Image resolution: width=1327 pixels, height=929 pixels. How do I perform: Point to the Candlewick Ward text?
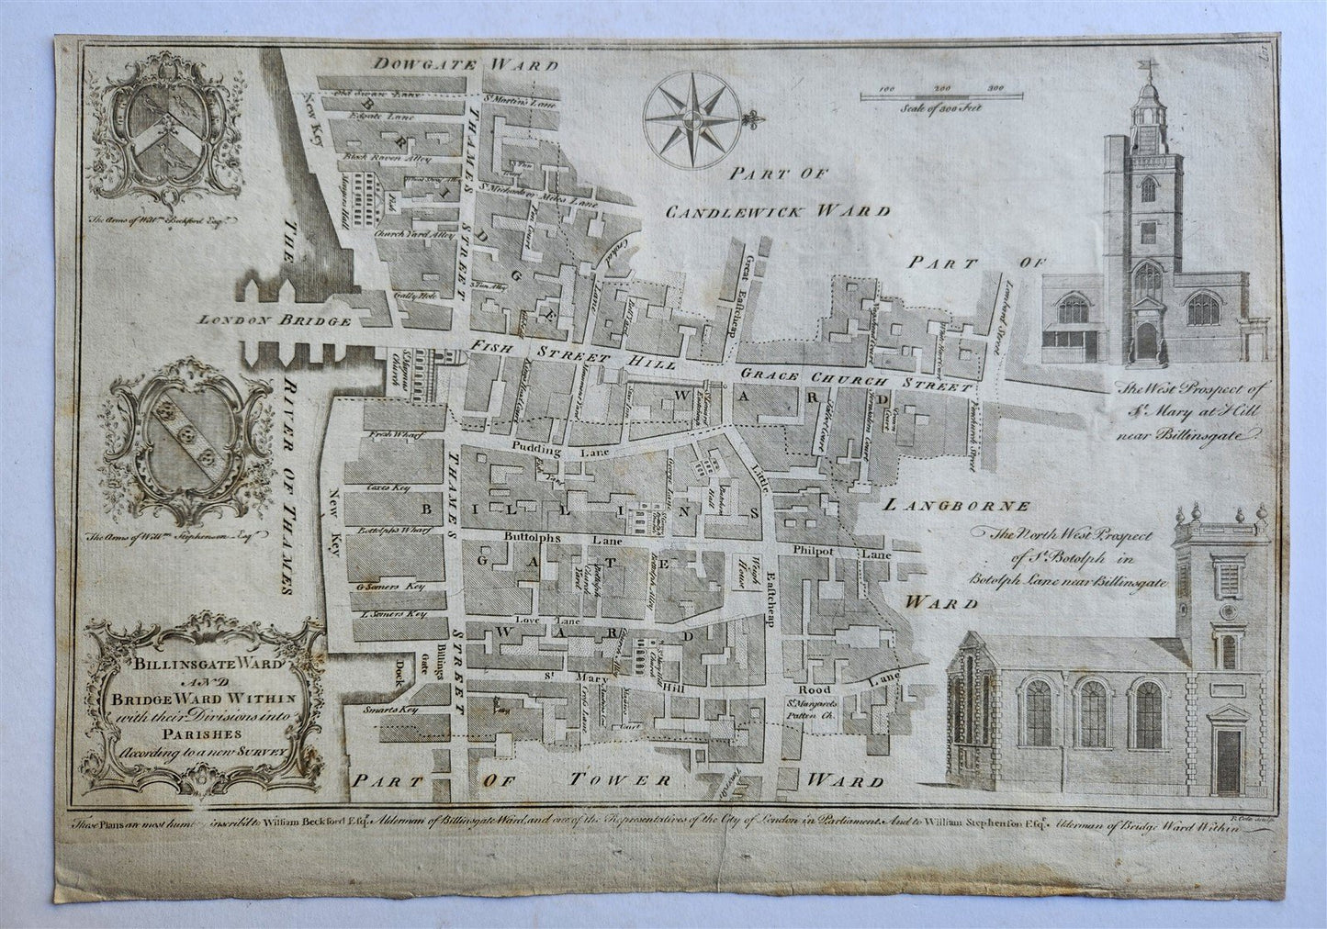(x=777, y=211)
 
